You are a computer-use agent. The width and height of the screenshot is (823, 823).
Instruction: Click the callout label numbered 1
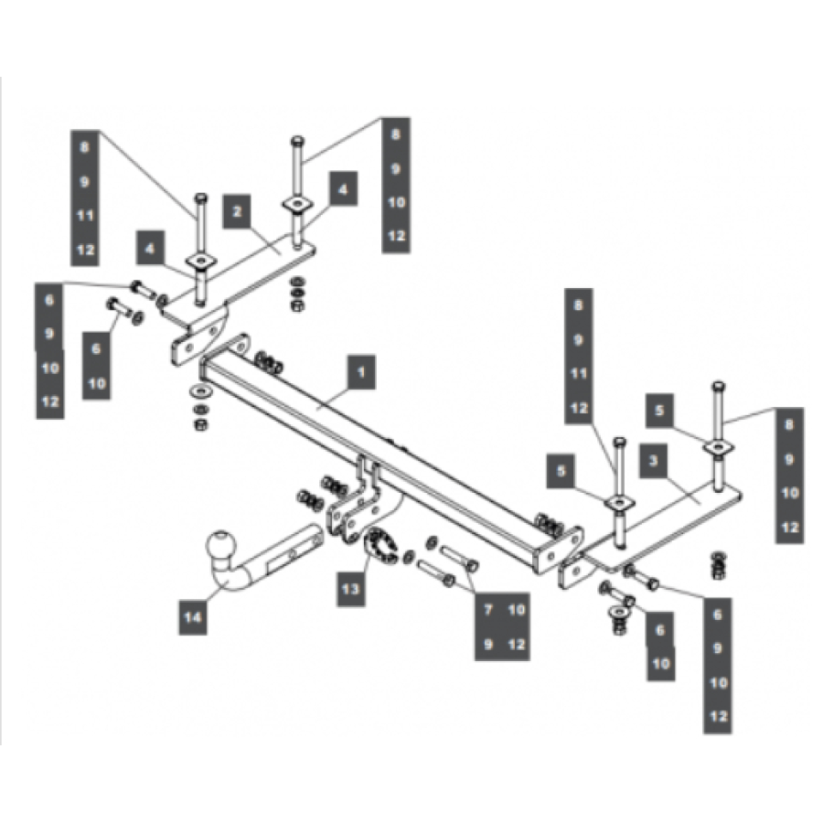[x=361, y=373]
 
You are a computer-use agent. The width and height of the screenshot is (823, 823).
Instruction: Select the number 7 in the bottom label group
[x=488, y=610]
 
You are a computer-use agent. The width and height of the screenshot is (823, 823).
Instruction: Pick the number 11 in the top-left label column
[x=84, y=216]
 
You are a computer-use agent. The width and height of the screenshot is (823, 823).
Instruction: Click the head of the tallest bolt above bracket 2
[x=297, y=142]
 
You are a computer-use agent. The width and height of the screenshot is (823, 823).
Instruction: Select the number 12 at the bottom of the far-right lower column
[x=718, y=716]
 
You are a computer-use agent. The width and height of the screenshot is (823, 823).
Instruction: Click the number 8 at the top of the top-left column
[x=84, y=146]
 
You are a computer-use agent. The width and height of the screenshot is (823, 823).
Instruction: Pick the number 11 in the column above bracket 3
[x=578, y=373]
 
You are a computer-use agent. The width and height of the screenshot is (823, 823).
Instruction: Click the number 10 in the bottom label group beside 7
[x=517, y=610]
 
